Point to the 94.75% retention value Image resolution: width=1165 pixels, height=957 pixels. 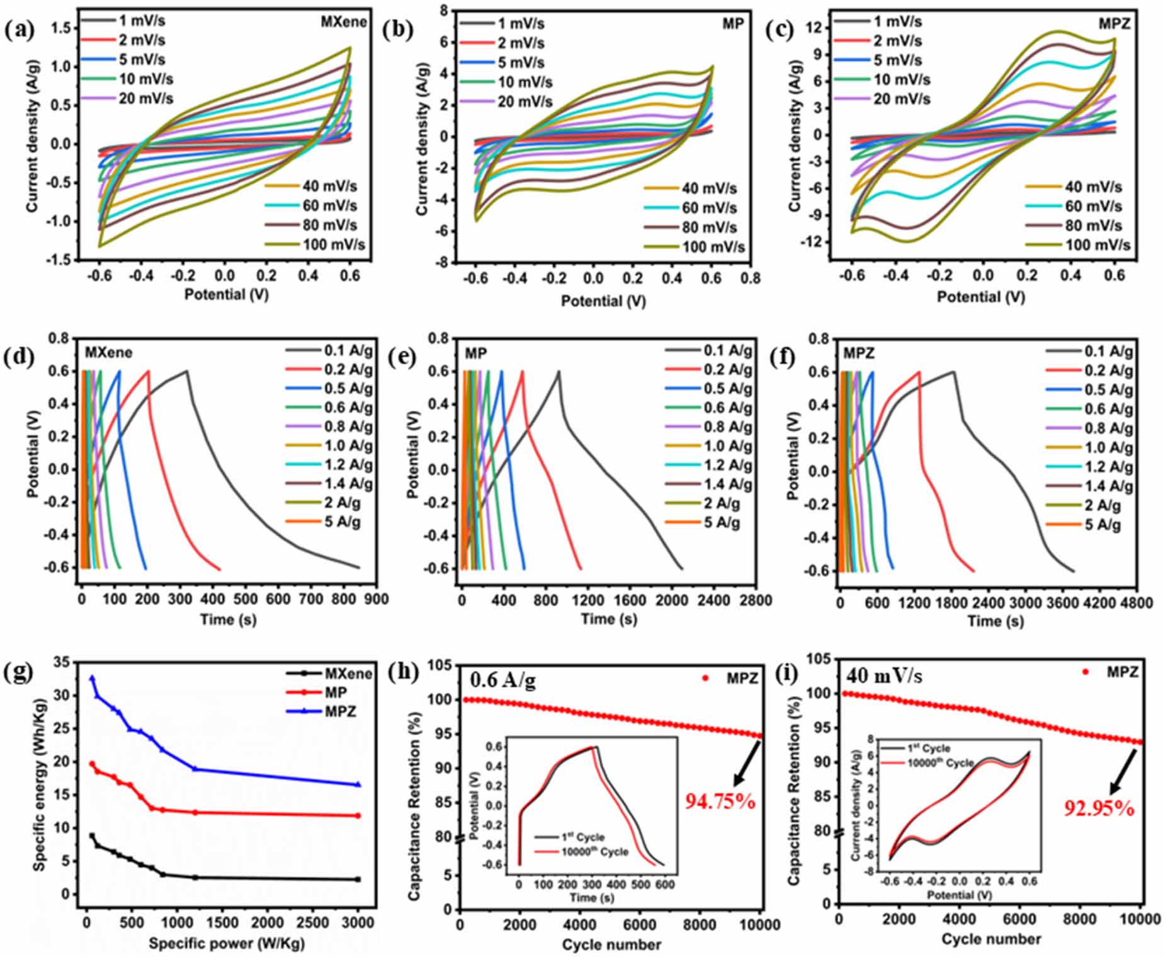[x=720, y=801]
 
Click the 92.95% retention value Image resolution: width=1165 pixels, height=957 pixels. [x=1100, y=808]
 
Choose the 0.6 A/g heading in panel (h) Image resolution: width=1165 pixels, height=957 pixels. [x=503, y=680]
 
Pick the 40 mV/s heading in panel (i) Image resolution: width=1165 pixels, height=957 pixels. [x=884, y=676]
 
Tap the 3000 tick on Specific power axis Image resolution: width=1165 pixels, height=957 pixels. [x=358, y=922]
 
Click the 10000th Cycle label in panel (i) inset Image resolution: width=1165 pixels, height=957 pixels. [x=940, y=763]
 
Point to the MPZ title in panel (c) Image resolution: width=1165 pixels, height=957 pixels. [x=1114, y=23]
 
